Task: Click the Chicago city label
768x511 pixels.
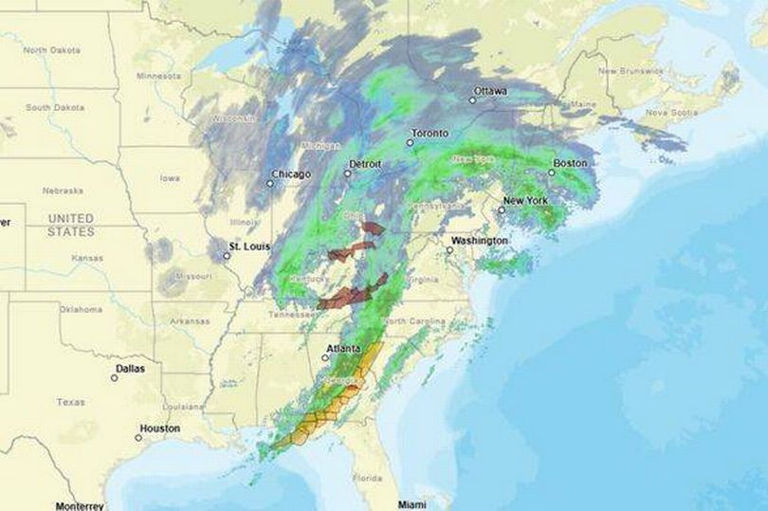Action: tap(291, 174)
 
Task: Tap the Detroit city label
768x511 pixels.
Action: tap(365, 164)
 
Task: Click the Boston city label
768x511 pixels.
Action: tap(570, 163)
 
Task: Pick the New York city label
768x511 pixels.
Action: tap(525, 201)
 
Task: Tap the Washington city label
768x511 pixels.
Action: tap(479, 241)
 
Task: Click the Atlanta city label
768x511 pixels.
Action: tap(343, 349)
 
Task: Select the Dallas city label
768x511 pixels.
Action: tap(131, 369)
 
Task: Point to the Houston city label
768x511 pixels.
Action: tap(159, 429)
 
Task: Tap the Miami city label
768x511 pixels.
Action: tap(411, 503)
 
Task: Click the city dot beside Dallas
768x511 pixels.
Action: tap(114, 377)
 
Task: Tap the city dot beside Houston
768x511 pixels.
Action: tap(138, 437)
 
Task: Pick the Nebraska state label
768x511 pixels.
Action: tap(63, 191)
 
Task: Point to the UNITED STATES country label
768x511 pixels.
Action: tap(71, 225)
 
